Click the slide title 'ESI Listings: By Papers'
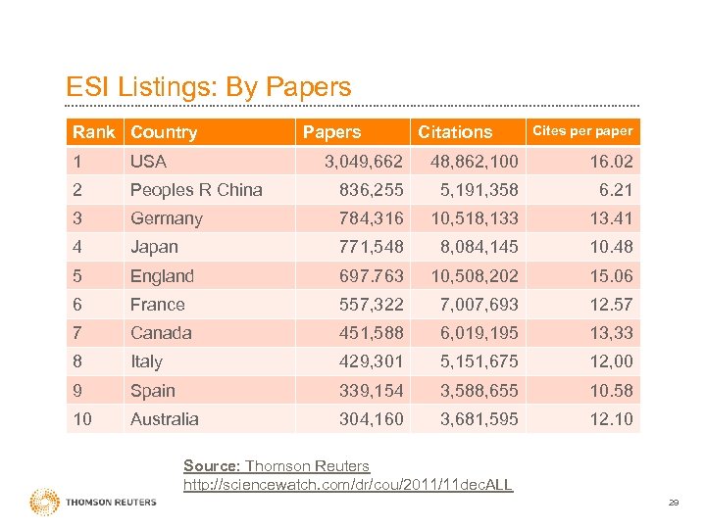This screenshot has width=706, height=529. pos(208,87)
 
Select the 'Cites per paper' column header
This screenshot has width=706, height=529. pos(581,130)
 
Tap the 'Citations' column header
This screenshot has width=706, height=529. pos(455,131)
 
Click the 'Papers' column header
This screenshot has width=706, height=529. pos(331,131)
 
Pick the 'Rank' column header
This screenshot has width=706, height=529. pos(93,131)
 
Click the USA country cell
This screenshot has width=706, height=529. pos(149,161)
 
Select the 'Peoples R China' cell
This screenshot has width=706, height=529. pos(196,189)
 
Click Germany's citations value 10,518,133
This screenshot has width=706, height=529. pos(466,218)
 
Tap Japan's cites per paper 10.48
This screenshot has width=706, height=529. pos(611,247)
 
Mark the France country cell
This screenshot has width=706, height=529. pos(158,305)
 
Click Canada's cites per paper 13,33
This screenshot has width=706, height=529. pos(611,333)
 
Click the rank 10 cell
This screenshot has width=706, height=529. pos(83,418)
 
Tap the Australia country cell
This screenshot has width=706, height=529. pos(165,418)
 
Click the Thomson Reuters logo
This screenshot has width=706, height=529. pos(93,502)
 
